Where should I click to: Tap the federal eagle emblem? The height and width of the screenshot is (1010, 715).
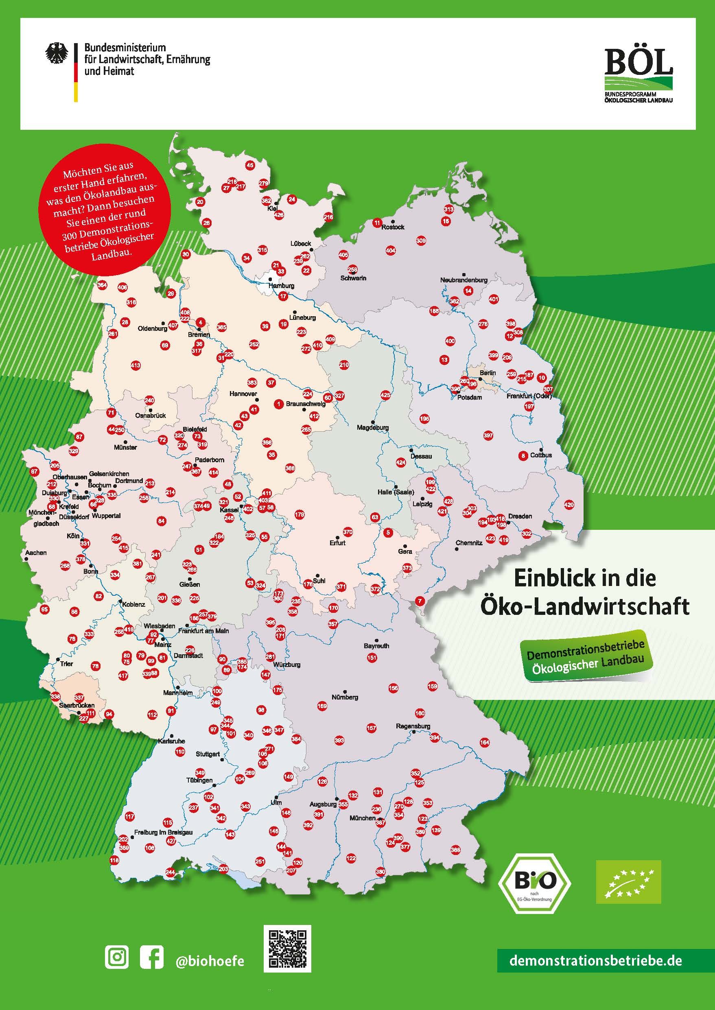pos(57,53)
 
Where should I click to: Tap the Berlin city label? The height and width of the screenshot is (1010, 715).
pos(488,373)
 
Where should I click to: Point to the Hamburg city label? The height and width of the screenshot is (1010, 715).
pos(281,286)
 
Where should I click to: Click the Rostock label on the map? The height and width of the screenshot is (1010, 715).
pos(393,227)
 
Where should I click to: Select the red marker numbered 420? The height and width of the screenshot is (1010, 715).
pos(569,505)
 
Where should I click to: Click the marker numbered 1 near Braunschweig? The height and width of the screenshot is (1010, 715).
pos(278,403)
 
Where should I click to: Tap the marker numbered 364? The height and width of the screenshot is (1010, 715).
pos(102,285)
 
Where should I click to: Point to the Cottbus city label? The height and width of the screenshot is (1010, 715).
pos(541,455)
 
